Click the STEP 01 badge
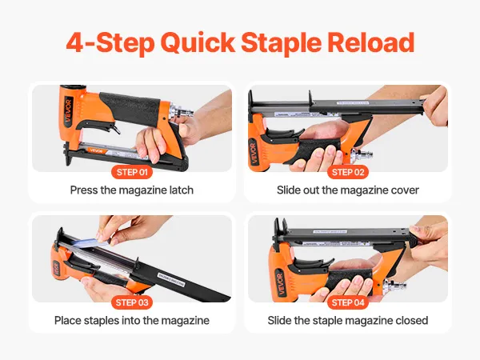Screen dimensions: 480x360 (132, 172)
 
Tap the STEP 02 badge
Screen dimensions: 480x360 (348, 172)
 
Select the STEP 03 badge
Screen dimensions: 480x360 (132, 302)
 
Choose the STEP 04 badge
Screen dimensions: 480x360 (348, 302)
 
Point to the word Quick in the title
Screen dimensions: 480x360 (198, 43)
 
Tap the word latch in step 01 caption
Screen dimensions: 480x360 (182, 190)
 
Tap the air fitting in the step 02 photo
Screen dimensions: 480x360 (362, 154)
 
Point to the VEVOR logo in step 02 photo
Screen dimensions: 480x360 (254, 152)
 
